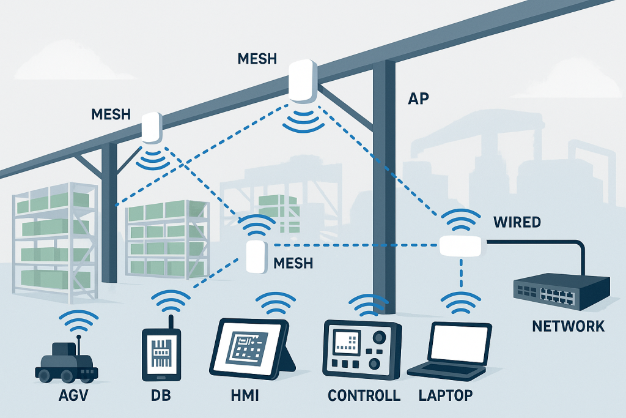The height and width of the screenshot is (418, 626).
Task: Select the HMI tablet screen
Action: coord(249,349)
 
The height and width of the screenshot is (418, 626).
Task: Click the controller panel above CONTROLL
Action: coord(361,345)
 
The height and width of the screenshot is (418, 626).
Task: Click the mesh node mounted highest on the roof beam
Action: coord(303,81)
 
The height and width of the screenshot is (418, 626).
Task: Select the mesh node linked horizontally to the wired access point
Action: coord(256,256)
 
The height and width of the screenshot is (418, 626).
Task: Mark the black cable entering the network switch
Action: coord(550,242)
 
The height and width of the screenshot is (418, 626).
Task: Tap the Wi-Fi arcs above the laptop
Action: coord(458,301)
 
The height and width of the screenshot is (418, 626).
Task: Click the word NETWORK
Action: coord(568,326)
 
